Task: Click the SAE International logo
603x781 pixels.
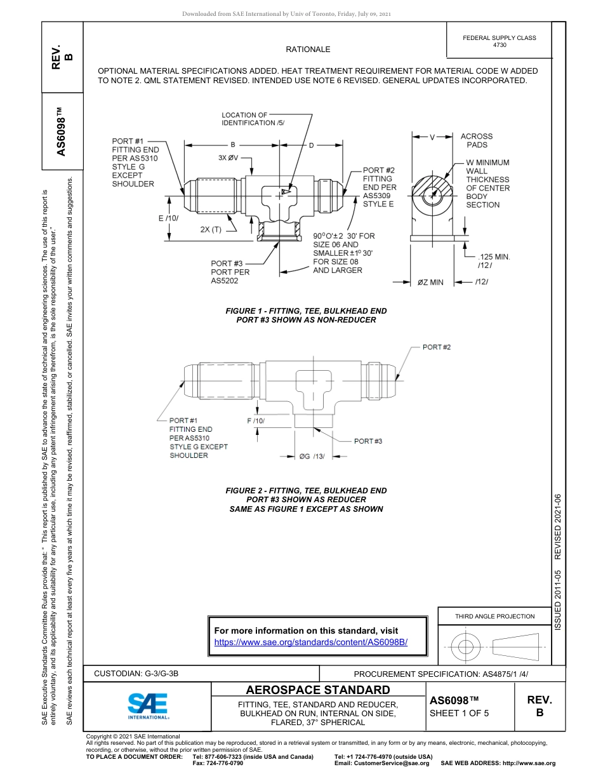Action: pyautogui.click(x=148, y=705)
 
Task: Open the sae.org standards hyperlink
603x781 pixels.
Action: pyautogui.click(x=310, y=642)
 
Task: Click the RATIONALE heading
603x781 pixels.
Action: pyautogui.click(x=308, y=50)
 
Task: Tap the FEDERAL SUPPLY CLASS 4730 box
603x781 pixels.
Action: pyautogui.click(x=500, y=41)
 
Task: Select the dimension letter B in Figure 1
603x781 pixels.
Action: pyautogui.click(x=232, y=145)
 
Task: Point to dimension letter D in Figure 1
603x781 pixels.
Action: pyautogui.click(x=312, y=145)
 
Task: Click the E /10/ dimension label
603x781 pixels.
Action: pyautogui.click(x=169, y=218)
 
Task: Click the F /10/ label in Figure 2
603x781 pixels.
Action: pyautogui.click(x=255, y=421)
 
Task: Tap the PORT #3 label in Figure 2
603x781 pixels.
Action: pyautogui.click(x=368, y=441)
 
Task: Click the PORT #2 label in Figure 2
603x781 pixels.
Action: pyautogui.click(x=436, y=347)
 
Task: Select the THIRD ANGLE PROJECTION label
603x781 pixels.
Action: pyautogui.click(x=494, y=616)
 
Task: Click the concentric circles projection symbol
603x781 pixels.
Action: pyautogui.click(x=466, y=647)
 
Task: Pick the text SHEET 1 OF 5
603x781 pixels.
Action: pyautogui.click(x=459, y=712)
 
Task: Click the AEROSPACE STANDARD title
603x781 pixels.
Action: pyautogui.click(x=318, y=690)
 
